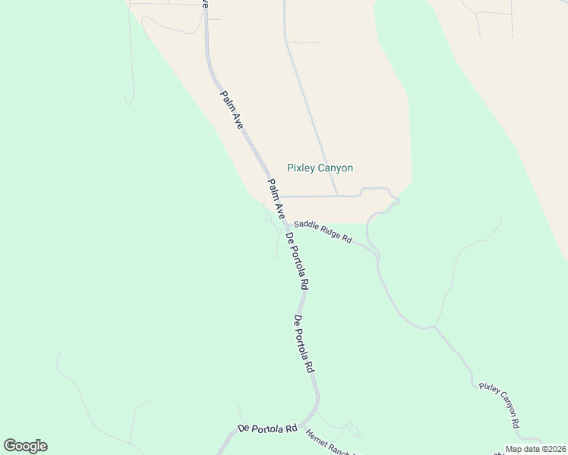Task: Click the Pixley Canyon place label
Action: coord(320,168)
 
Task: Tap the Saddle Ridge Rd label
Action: coord(323,231)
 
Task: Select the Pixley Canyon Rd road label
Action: coord(502,404)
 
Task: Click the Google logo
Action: coord(25,446)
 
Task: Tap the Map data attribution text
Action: coord(536,449)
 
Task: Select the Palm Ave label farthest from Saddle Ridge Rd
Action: coord(231,110)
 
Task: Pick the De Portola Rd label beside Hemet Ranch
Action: coord(267,428)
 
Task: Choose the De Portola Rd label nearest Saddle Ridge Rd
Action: coord(297,262)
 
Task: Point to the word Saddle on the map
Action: coord(306,225)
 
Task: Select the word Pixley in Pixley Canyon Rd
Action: coord(490,391)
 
